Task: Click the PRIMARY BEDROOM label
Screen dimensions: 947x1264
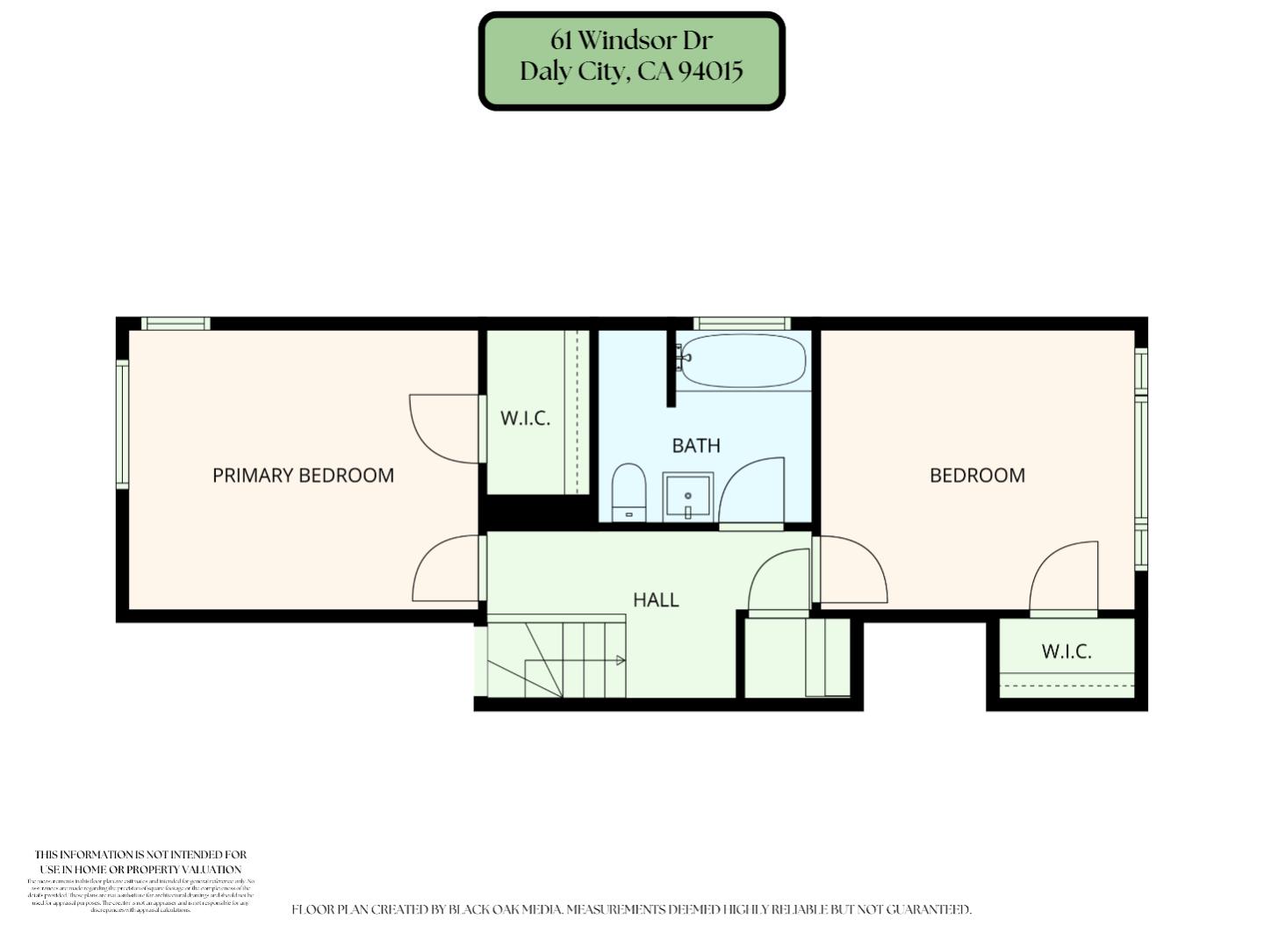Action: (x=303, y=475)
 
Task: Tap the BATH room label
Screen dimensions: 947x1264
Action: (x=696, y=445)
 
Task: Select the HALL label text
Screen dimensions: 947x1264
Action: (x=656, y=599)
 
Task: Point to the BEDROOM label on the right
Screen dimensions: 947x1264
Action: (x=977, y=475)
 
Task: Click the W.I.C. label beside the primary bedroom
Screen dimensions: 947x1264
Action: (x=525, y=418)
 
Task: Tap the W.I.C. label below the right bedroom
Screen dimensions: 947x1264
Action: (x=1066, y=651)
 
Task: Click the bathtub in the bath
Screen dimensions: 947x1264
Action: (x=743, y=361)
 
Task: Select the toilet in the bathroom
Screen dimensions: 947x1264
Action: (x=628, y=491)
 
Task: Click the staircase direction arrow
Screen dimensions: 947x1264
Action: (x=620, y=660)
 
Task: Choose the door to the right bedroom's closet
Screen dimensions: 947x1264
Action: (x=1064, y=577)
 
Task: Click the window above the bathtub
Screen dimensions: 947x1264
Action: (x=742, y=323)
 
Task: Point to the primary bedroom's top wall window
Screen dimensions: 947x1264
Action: (x=176, y=323)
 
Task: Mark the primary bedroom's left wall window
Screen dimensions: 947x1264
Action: (x=122, y=425)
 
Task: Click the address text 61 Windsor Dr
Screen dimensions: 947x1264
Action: (x=631, y=40)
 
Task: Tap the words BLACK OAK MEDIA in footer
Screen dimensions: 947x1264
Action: (x=505, y=910)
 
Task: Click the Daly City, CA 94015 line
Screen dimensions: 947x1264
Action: (x=631, y=71)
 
